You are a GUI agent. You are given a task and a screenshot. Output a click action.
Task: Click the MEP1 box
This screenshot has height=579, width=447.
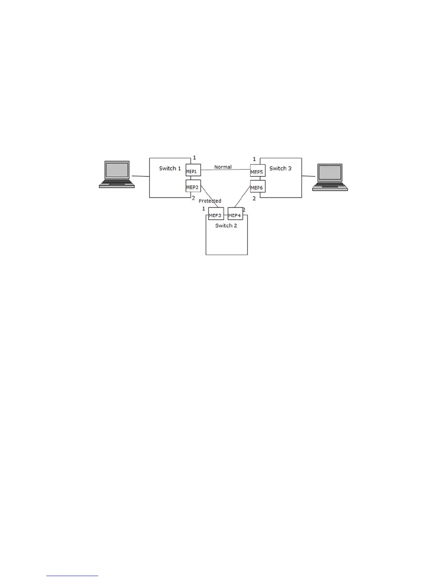click(193, 170)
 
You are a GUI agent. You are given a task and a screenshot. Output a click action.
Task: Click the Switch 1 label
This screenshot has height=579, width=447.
click(170, 169)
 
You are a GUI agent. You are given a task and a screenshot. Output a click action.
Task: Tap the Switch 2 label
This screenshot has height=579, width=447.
click(226, 226)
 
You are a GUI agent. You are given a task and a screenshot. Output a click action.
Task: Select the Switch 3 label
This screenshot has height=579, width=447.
click(280, 169)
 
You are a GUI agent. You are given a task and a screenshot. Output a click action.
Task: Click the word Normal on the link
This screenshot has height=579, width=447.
click(223, 167)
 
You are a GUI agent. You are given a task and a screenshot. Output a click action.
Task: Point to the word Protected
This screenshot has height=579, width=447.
click(210, 201)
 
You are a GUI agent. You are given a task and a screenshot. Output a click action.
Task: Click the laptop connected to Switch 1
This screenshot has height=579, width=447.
click(117, 174)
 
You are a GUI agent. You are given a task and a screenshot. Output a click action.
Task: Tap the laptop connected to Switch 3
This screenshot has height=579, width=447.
click(330, 177)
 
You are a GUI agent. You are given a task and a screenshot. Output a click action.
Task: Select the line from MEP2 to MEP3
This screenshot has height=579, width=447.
click(210, 196)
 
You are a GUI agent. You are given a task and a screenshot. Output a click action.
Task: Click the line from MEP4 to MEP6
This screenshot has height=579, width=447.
click(242, 196)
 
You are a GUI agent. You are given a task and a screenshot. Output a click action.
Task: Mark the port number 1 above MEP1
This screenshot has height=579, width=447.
click(194, 158)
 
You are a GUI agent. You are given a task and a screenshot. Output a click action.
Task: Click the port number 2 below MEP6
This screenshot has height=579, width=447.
click(254, 198)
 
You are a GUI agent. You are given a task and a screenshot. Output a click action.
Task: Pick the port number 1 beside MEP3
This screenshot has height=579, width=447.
click(204, 209)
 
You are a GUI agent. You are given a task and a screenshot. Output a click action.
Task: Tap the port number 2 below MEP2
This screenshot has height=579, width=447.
click(194, 198)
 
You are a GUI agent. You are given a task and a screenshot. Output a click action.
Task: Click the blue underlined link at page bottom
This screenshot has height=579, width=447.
click(72, 576)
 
